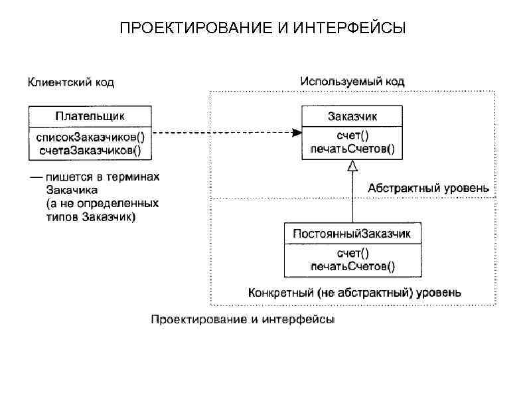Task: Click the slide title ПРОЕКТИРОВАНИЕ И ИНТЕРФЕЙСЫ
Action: coord(262,29)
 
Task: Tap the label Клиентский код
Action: coord(70,82)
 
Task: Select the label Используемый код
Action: coord(352,81)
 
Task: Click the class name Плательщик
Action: coord(90,117)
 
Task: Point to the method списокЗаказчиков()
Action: coord(90,137)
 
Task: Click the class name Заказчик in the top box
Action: coord(352,117)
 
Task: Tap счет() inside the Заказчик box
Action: coord(352,137)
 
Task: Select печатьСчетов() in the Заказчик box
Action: coord(352,149)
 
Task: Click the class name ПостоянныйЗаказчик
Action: coord(352,234)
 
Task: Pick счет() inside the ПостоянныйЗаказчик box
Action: coord(352,254)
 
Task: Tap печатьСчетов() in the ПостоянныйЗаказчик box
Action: coord(352,266)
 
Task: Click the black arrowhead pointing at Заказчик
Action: coord(297,133)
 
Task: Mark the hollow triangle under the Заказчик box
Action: coord(352,167)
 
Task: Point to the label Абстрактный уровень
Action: coord(428,188)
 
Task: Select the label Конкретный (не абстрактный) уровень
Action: coord(355,292)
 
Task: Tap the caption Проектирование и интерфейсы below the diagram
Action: coord(243,319)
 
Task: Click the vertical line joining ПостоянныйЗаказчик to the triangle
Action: coord(352,199)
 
